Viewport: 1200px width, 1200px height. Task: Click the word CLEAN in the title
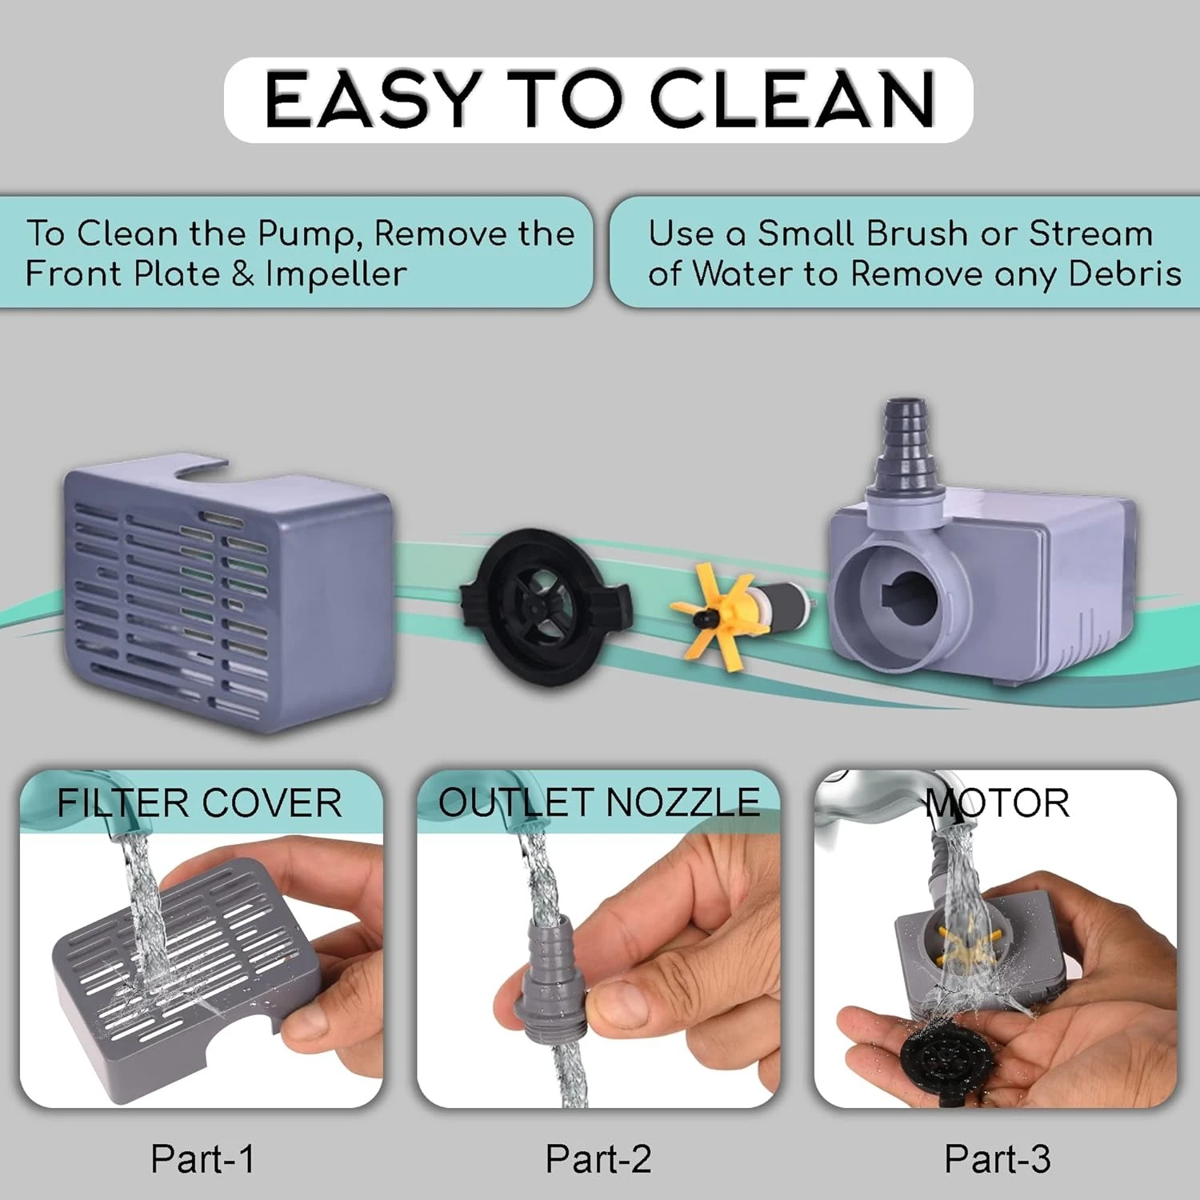click(x=792, y=99)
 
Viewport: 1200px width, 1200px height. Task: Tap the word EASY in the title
click(x=374, y=99)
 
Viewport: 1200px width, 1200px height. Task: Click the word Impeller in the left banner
click(x=336, y=274)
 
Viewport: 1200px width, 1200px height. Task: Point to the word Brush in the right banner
click(x=917, y=234)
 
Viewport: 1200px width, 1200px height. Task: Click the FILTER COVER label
click(x=199, y=803)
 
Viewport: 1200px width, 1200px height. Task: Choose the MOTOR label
click(x=998, y=803)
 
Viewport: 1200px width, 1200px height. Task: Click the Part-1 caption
click(x=203, y=1159)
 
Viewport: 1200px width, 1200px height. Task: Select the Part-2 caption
click(x=598, y=1159)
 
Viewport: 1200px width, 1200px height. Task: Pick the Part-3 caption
click(x=998, y=1159)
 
